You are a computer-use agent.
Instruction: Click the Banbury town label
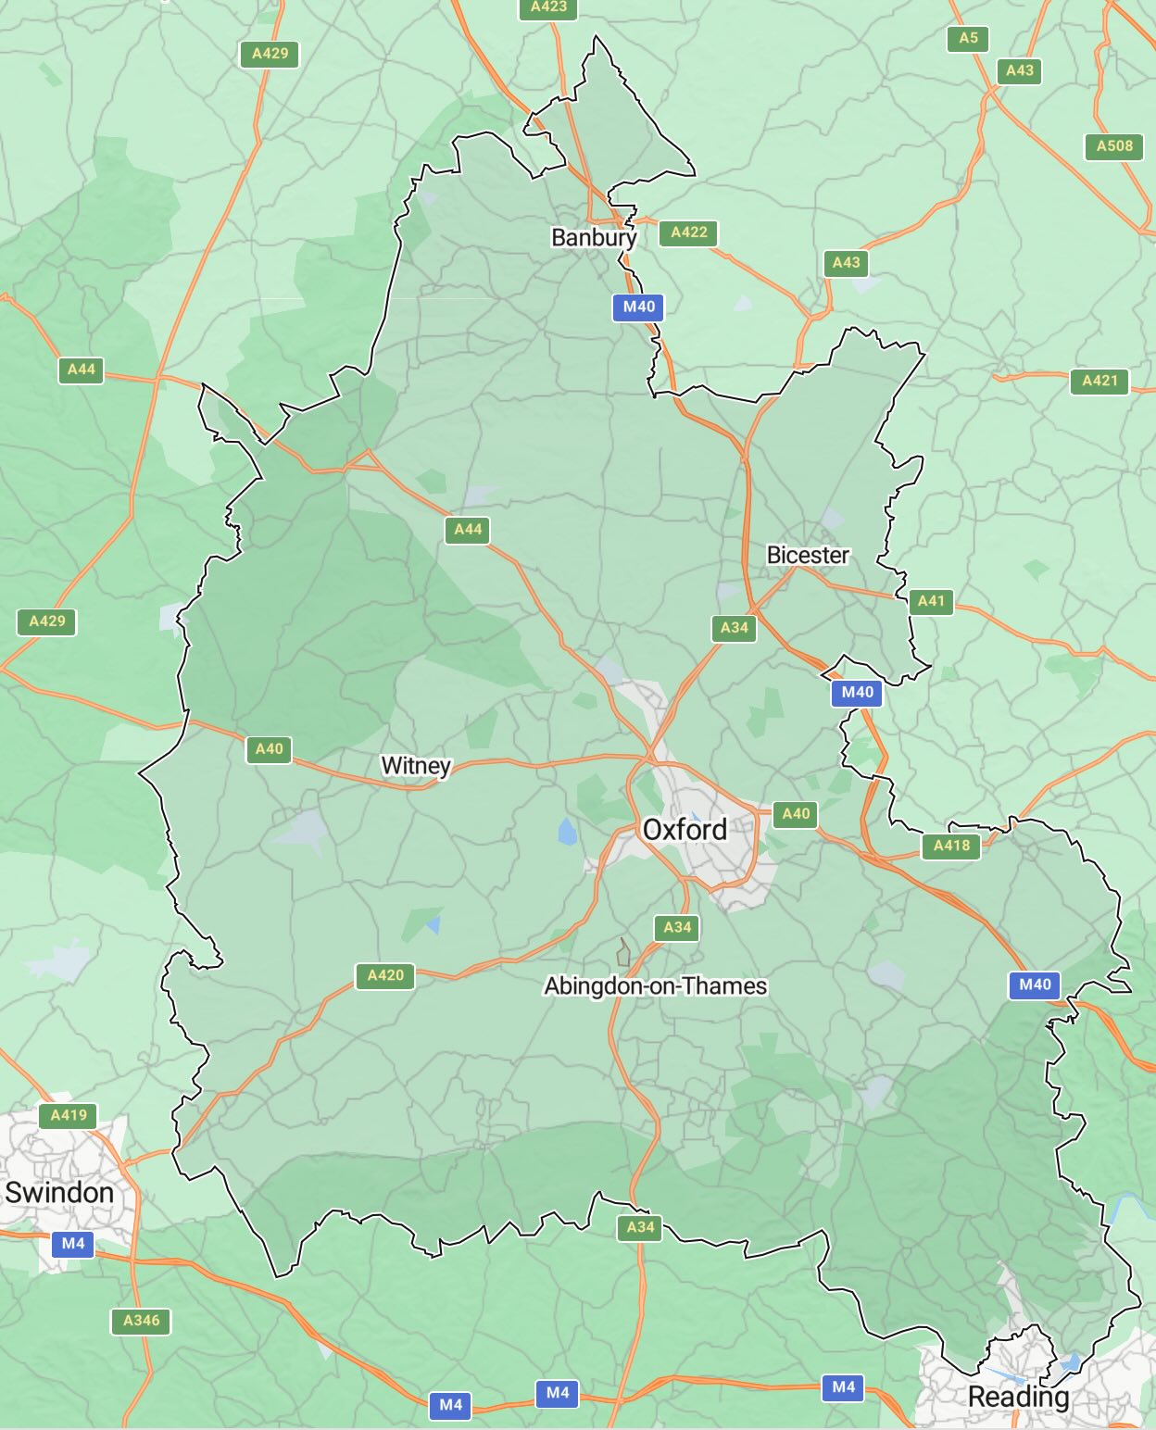pos(594,237)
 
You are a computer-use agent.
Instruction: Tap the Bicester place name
pos(808,555)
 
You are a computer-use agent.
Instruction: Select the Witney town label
pos(415,766)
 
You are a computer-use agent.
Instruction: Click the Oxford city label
pos(685,829)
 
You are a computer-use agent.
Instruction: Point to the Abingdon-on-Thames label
pos(655,985)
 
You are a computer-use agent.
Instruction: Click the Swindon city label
pos(59,1192)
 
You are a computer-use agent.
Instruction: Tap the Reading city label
pos(1018,1396)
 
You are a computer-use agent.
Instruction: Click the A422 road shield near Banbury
pos(689,232)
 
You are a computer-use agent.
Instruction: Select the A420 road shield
pos(385,975)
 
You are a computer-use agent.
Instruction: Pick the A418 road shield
pos(951,846)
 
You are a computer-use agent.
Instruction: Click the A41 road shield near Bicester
pos(931,601)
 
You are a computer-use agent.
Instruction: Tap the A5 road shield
pos(968,38)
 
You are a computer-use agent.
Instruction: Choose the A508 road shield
pos(1114,145)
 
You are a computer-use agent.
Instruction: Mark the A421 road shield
pos(1099,381)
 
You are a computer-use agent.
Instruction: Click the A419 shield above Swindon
pos(69,1115)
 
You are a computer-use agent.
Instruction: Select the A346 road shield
pos(142,1321)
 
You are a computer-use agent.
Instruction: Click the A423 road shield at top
pos(548,7)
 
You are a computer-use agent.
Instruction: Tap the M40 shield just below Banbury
pos(638,307)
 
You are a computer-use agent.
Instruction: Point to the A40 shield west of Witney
pos(269,749)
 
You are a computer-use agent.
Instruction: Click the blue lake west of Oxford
pos(567,831)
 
